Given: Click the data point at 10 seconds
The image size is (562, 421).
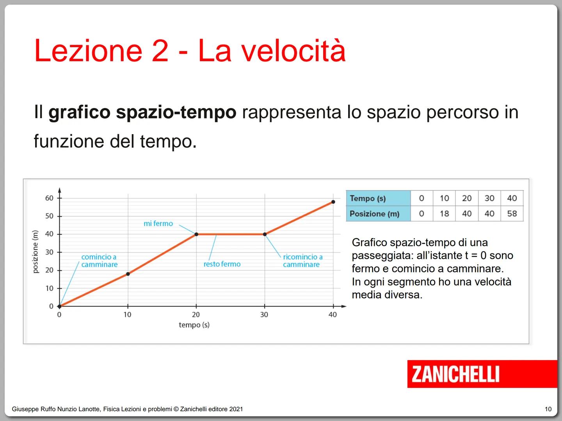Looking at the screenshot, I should tap(128, 274).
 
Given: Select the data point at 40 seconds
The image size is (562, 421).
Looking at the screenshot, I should tap(333, 202).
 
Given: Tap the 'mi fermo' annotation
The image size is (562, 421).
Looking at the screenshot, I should tap(158, 224).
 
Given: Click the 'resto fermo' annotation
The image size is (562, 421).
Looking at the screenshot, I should tap(222, 264).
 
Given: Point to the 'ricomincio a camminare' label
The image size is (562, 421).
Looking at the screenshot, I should tap(303, 261).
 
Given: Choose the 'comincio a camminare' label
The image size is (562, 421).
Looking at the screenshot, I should tap(99, 261).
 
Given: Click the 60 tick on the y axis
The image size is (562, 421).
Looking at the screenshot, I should tap(49, 198).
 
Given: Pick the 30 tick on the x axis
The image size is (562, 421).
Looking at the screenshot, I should tap(264, 315).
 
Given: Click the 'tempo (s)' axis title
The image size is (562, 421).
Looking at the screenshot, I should tap(194, 325).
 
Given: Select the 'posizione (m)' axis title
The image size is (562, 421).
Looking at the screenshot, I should tap(36, 252).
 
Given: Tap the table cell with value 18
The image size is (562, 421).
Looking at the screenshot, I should tap(444, 214).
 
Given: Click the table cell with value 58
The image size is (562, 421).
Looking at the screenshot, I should tap(512, 214).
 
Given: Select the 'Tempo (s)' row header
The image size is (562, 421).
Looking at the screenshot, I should tap(368, 198).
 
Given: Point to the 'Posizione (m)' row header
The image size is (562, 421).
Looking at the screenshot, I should tap(374, 214).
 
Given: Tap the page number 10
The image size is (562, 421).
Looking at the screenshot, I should tap(548, 409).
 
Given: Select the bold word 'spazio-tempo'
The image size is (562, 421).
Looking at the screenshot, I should tap(176, 113).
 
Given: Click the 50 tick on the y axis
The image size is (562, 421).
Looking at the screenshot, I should tap(49, 216).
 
